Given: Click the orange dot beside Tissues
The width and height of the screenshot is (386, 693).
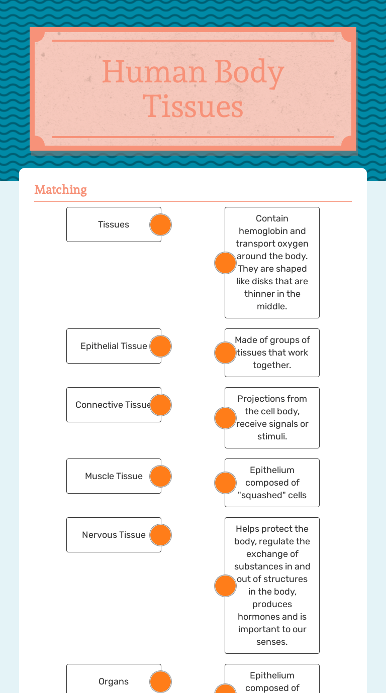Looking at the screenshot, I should point(161,225).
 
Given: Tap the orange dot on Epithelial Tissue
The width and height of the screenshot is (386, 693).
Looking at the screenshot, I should point(161,346).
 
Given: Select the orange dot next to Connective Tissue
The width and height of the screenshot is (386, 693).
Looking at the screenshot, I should point(161,405).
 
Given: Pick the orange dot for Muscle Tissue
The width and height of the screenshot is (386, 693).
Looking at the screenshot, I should point(161,477).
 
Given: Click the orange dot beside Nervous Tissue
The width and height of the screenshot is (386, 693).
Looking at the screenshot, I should point(161,535).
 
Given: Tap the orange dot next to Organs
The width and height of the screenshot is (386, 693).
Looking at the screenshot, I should point(161,681).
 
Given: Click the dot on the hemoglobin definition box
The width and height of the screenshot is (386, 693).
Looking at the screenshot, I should point(225,263).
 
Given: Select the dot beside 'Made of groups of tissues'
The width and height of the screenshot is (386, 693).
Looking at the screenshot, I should point(225,353).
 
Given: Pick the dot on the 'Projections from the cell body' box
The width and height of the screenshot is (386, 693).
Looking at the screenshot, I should point(225,418).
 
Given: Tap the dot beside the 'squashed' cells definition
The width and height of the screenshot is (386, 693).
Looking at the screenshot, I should point(225,483).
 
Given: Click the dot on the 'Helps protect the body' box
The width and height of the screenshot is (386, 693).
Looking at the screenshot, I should point(225,586).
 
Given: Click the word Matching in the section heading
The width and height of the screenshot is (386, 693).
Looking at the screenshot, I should point(60,190).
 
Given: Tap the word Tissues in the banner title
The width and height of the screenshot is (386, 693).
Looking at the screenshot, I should point(193,106).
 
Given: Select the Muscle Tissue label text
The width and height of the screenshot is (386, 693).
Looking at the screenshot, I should point(114,476).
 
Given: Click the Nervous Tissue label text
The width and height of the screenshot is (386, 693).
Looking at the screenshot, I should point(114,535).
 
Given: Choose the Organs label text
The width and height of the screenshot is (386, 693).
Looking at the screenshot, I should point(114,681).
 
